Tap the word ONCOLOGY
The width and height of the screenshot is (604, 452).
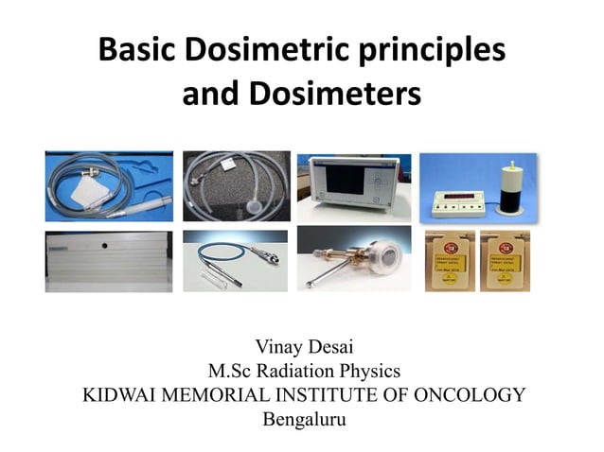tap(472, 394)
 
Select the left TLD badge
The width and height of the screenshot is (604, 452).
tap(449, 260)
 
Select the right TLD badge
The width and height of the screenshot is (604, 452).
tap(505, 260)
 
